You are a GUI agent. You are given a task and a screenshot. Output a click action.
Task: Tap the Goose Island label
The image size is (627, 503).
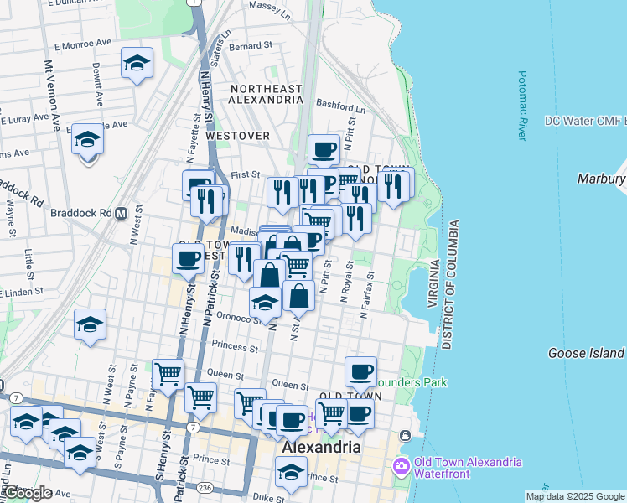(x=586, y=353)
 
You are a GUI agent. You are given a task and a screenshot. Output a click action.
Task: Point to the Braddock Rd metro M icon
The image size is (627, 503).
(x=122, y=213)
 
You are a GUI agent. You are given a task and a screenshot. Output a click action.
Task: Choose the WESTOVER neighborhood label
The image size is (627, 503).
(x=238, y=136)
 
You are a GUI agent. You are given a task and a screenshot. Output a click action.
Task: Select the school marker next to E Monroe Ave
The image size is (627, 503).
(x=137, y=63)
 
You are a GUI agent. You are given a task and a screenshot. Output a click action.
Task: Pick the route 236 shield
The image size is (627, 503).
(x=206, y=485)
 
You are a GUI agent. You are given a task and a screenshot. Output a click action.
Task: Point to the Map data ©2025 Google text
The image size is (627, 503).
(x=574, y=496)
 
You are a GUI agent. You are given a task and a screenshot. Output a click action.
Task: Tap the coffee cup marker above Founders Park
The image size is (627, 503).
(x=360, y=371)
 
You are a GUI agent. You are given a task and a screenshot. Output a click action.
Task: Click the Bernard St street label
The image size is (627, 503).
(x=251, y=46)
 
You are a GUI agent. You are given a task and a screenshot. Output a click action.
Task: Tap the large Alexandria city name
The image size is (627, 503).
(x=321, y=447)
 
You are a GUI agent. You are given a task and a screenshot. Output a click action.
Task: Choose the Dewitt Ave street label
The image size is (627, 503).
(x=98, y=85)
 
